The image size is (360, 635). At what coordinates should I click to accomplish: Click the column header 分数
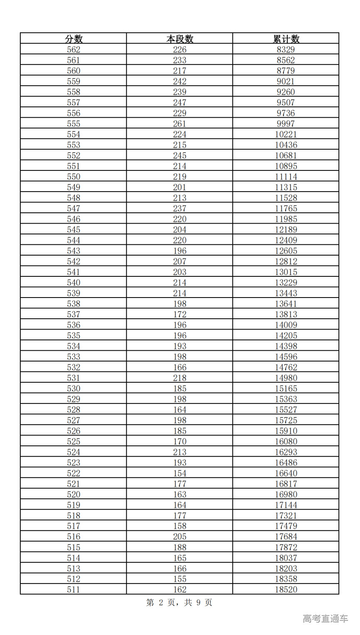click(x=74, y=39)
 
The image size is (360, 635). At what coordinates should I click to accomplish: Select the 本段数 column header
click(x=180, y=39)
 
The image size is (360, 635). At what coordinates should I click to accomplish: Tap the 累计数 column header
click(x=286, y=39)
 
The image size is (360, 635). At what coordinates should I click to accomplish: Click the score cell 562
click(x=74, y=49)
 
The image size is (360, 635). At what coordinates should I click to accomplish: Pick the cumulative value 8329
click(x=286, y=49)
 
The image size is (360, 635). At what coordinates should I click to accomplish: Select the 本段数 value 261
click(x=180, y=124)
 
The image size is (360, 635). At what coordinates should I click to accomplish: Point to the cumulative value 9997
click(x=286, y=124)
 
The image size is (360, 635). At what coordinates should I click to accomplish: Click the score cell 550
click(x=74, y=177)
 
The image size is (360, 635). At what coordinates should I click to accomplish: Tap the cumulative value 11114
click(x=286, y=177)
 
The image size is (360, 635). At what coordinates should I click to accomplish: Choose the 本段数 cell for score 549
click(x=180, y=187)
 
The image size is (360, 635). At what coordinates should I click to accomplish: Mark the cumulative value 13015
click(x=286, y=272)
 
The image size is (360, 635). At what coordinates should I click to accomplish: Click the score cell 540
click(x=74, y=283)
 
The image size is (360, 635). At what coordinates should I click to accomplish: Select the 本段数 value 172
click(x=180, y=315)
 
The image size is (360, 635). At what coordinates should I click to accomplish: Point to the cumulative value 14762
click(x=286, y=367)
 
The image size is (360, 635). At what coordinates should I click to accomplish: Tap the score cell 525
click(x=74, y=441)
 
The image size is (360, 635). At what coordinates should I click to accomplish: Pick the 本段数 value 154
click(x=180, y=473)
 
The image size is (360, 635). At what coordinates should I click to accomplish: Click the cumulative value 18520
click(x=286, y=589)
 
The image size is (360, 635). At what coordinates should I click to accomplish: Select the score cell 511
click(x=74, y=589)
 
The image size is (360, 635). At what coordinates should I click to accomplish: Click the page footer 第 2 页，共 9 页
click(x=179, y=603)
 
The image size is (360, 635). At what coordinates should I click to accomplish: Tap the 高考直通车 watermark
click(x=325, y=619)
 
